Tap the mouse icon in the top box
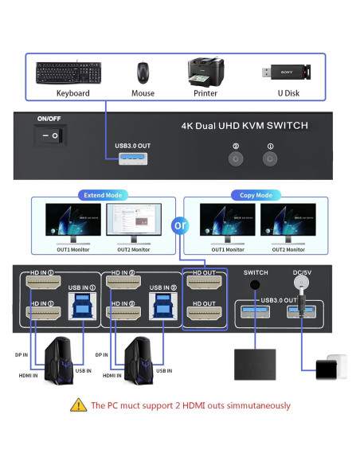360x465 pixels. tap(143, 73)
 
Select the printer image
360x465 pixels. tap(205, 72)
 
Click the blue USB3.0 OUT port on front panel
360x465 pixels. tap(132, 160)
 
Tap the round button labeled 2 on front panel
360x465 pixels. tap(235, 159)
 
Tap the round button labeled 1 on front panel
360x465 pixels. tap(270, 159)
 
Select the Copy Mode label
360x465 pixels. tap(256, 194)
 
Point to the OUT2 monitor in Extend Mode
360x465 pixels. tap(132, 223)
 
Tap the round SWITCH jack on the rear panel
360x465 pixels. tap(256, 285)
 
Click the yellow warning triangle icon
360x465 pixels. tap(78, 404)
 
